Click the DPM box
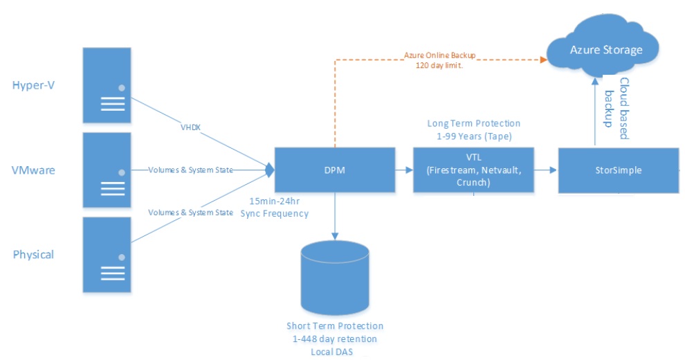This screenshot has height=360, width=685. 335,170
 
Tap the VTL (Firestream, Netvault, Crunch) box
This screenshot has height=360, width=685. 474,170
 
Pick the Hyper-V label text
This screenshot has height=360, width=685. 33,85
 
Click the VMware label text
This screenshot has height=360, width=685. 33,170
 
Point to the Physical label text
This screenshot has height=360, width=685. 33,255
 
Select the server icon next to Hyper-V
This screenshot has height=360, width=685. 107,84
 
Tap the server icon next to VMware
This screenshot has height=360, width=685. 107,170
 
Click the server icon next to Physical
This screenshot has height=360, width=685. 107,254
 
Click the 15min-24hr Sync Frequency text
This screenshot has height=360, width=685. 275,207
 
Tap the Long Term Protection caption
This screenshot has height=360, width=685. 473,128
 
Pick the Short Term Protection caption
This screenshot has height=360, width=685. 335,339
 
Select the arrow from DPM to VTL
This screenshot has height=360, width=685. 404,170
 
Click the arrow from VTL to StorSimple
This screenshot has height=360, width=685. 547,170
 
